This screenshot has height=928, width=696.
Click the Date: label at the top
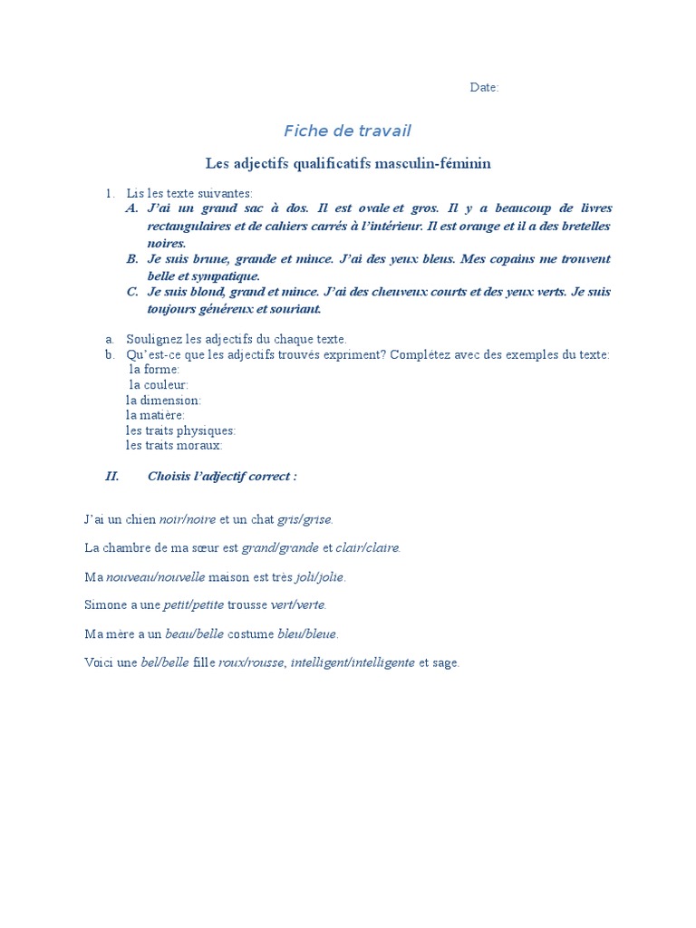[x=484, y=87]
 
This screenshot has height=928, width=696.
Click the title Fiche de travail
[x=347, y=130]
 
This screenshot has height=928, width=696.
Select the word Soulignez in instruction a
[x=153, y=339]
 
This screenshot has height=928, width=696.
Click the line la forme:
[x=155, y=370]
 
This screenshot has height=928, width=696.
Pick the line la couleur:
[x=159, y=385]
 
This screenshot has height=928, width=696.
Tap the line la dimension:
[x=163, y=400]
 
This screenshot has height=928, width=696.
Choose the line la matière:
[x=155, y=415]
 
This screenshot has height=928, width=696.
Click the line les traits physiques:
[x=180, y=430]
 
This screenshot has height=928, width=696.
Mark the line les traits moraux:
[x=174, y=446]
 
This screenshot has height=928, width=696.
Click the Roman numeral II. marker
[x=112, y=476]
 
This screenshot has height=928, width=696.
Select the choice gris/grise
[x=304, y=519]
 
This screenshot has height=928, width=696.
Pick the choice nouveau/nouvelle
[x=156, y=576]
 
